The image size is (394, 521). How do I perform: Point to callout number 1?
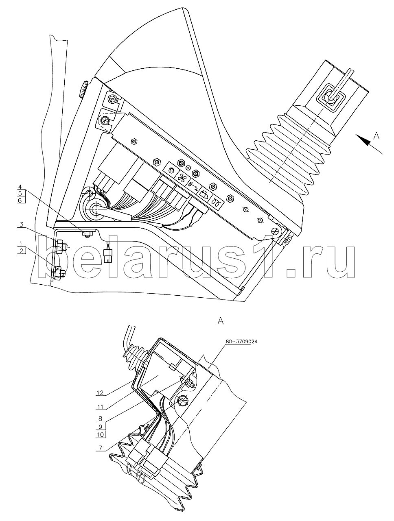(x=20, y=243)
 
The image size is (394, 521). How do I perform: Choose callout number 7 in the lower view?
(x=100, y=448)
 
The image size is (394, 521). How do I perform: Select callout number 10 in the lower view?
(x=100, y=434)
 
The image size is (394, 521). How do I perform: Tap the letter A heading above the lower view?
(x=221, y=321)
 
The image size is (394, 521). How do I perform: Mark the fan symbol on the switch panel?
(x=181, y=178)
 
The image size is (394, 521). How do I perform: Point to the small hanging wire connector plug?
(x=109, y=256)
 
